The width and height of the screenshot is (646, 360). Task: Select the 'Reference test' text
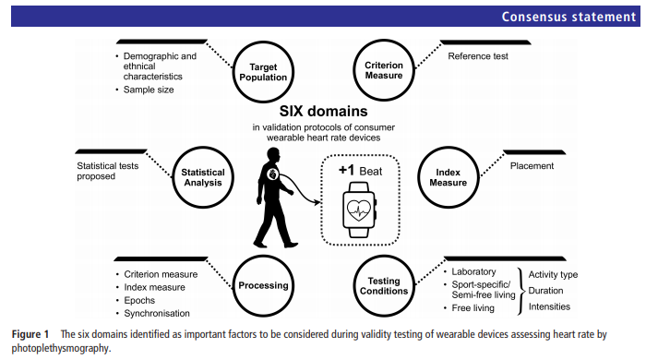click(480, 57)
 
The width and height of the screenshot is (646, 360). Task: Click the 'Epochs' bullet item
click(144, 301)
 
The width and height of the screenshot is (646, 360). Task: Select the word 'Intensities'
click(549, 306)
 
